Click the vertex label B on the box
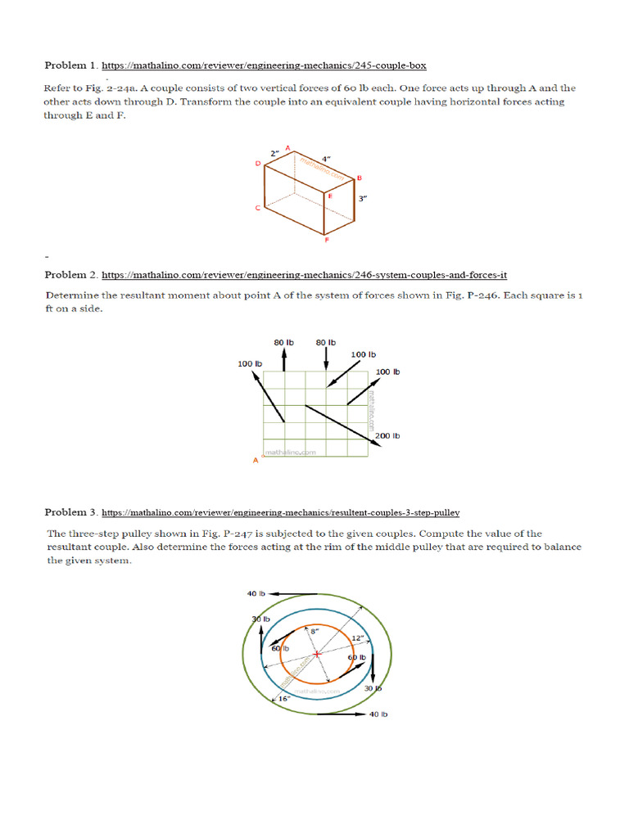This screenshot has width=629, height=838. (x=360, y=178)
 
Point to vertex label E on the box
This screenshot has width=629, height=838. (x=330, y=196)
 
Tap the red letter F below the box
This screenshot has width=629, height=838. (x=327, y=241)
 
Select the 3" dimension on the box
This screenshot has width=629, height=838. (x=363, y=198)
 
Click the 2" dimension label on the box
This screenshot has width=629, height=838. (x=274, y=153)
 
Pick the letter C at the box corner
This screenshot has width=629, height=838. (x=257, y=208)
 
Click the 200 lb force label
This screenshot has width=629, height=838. (x=387, y=435)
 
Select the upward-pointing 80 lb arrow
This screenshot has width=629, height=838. (x=283, y=358)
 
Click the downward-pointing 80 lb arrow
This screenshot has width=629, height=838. (x=326, y=358)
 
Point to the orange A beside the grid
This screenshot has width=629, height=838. (x=256, y=461)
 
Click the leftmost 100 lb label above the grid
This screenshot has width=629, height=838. (x=249, y=363)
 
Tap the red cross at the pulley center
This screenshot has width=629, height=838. (x=315, y=652)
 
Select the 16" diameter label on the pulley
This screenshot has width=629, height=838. (x=283, y=698)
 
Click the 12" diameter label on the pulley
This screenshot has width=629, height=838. (x=357, y=638)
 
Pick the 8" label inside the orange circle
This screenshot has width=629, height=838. (x=314, y=631)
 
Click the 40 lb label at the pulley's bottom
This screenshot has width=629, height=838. (x=378, y=714)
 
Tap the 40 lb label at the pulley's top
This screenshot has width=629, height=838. (x=256, y=593)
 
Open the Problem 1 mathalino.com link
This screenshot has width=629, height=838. (x=264, y=65)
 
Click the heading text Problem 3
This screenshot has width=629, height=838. (x=70, y=512)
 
